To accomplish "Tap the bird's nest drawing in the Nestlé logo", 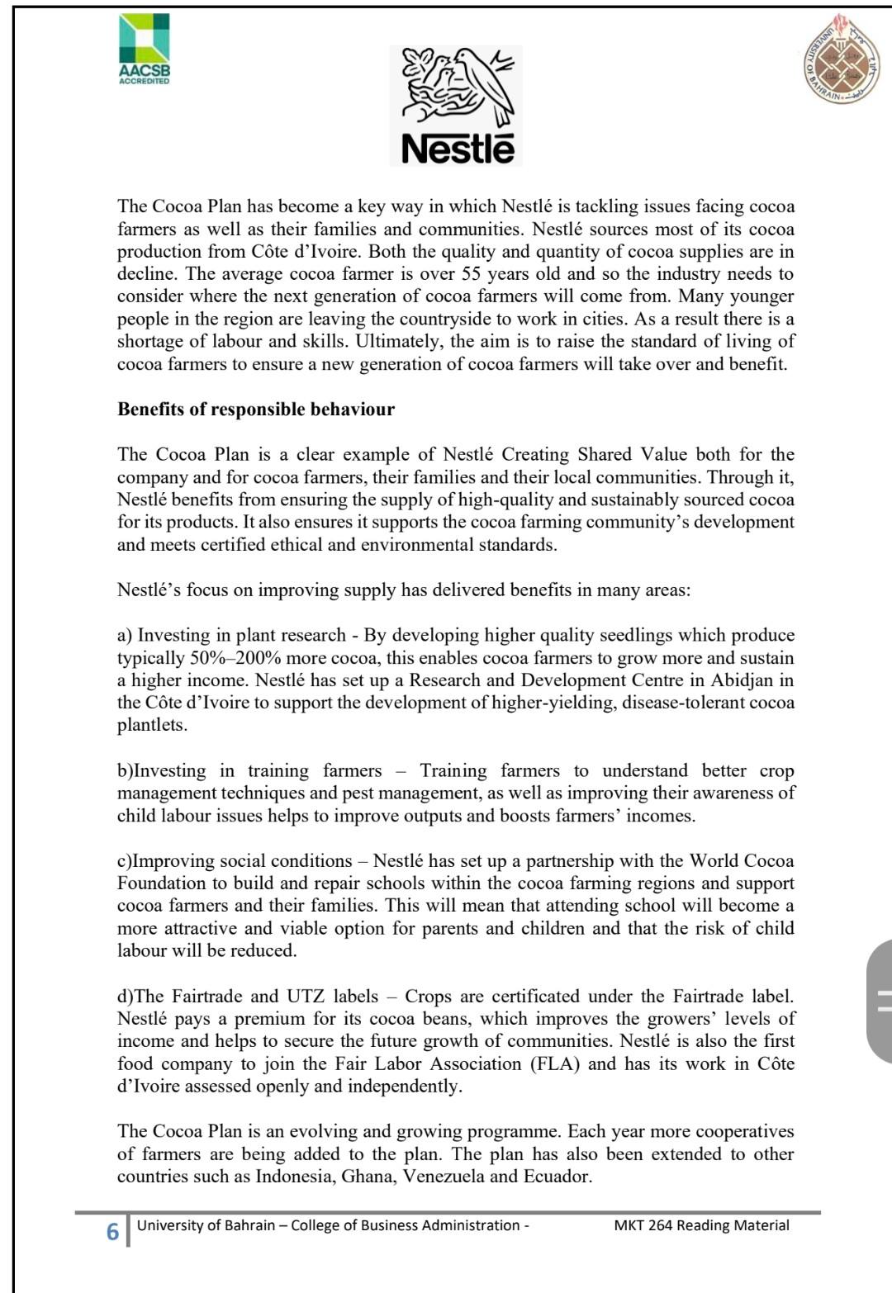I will [x=457, y=87].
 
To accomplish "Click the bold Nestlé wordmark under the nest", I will [x=458, y=149].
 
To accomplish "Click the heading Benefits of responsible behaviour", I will [x=256, y=410].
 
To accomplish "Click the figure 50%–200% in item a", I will [x=234, y=658].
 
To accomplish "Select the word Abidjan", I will [x=740, y=680].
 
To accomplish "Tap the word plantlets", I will [x=152, y=726].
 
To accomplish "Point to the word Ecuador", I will [x=557, y=1177].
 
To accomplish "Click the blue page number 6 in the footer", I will [x=112, y=1232].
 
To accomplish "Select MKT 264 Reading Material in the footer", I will [x=701, y=1225].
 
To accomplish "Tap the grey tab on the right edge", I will [x=880, y=1000].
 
